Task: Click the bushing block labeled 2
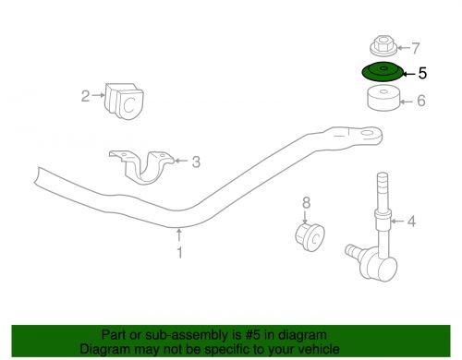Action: pyautogui.click(x=126, y=99)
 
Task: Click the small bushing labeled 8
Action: pyautogui.click(x=307, y=235)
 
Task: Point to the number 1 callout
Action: pyautogui.click(x=180, y=251)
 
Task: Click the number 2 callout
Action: pyautogui.click(x=85, y=96)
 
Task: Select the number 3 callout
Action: pyautogui.click(x=196, y=162)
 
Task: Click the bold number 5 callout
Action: pyautogui.click(x=423, y=71)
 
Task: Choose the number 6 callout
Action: pyautogui.click(x=420, y=101)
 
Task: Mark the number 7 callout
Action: pyautogui.click(x=416, y=47)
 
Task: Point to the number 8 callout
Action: pyautogui.click(x=307, y=201)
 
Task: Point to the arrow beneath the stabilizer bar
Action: pyautogui.click(x=180, y=235)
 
